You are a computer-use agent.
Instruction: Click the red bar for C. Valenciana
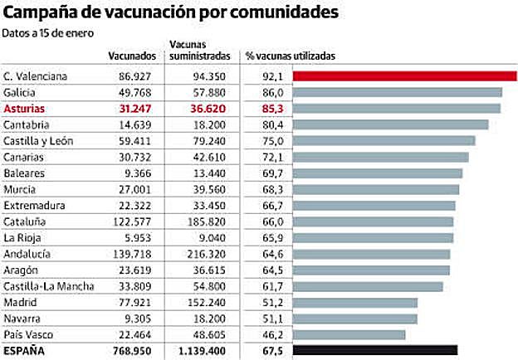404,76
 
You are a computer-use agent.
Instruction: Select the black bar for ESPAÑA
374,350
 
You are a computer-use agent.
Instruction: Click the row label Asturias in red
25,109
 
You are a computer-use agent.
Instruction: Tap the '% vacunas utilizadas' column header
290,56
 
